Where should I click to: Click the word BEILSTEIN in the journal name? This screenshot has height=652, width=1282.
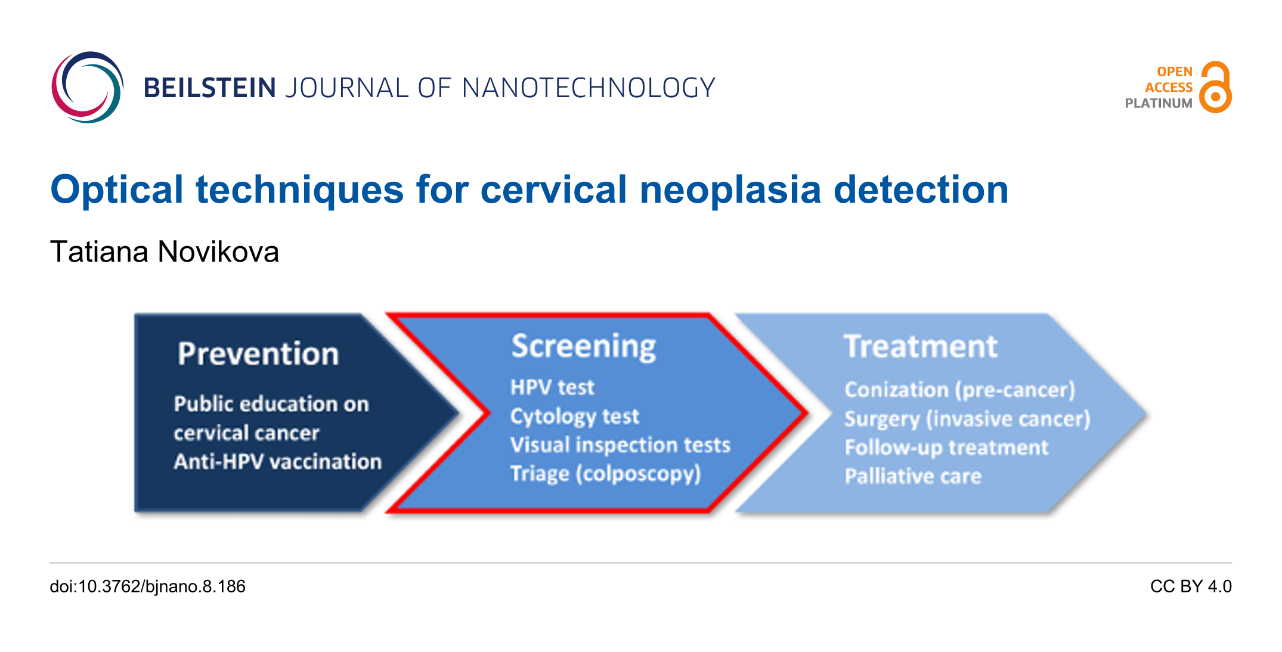(x=209, y=88)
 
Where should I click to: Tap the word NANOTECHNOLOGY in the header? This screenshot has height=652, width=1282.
(x=589, y=88)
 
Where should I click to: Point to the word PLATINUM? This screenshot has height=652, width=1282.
(x=1159, y=103)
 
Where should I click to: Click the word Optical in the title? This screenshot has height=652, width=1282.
(x=117, y=190)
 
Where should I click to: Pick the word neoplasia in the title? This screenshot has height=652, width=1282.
(x=730, y=190)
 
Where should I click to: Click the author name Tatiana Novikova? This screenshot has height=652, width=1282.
(x=165, y=252)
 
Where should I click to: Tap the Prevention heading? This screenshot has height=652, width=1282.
(x=258, y=353)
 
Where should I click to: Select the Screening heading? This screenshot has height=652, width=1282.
(x=584, y=347)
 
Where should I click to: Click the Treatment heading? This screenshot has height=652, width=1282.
(x=921, y=346)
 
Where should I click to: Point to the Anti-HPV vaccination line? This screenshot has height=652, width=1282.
(x=278, y=462)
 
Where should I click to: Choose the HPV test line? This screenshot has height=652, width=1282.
(x=553, y=387)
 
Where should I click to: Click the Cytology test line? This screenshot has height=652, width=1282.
(x=575, y=417)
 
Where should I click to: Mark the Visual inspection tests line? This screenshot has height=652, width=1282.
(x=621, y=445)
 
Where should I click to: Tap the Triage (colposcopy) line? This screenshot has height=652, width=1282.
(x=606, y=474)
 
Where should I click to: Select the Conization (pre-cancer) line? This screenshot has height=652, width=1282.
(x=960, y=390)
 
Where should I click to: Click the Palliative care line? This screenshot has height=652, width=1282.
(x=913, y=476)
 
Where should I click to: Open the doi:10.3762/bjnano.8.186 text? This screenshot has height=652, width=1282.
(x=148, y=586)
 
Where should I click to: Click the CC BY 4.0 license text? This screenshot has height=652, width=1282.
(x=1191, y=586)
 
